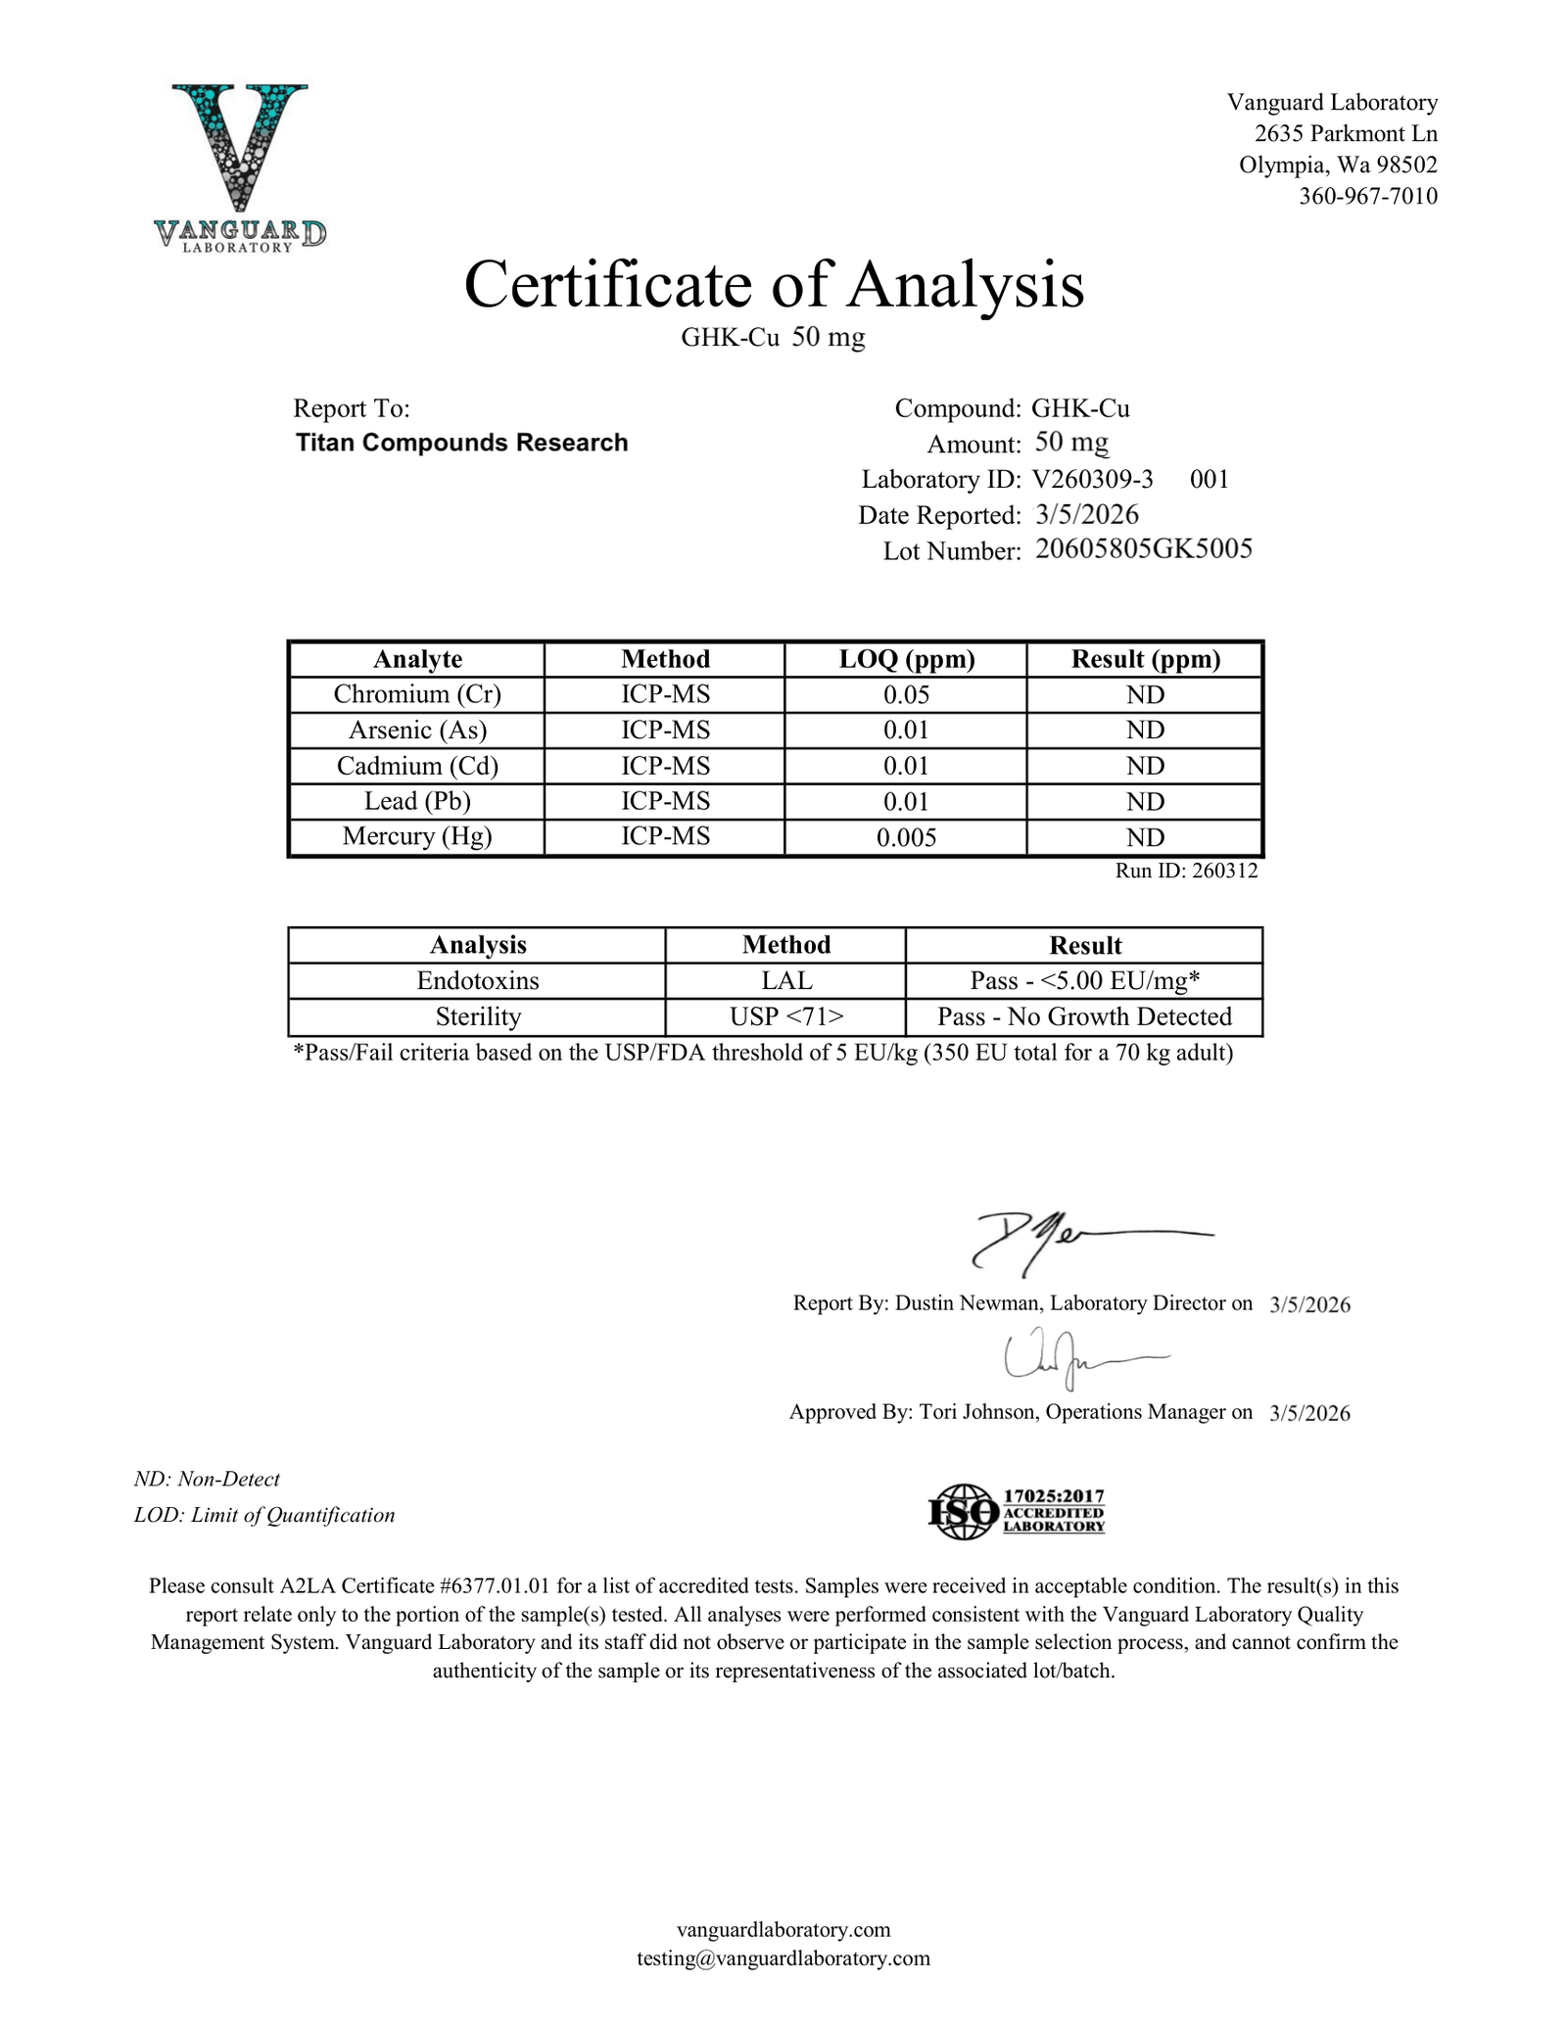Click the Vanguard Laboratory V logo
click(x=240, y=166)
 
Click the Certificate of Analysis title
click(x=774, y=285)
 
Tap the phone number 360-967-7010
click(x=1367, y=196)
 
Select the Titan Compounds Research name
click(x=461, y=443)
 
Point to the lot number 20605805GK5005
click(x=1143, y=548)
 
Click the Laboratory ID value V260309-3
click(x=1092, y=479)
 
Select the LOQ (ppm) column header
click(x=906, y=659)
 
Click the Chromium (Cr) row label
click(x=417, y=694)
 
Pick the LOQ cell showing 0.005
click(x=906, y=837)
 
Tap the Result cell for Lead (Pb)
click(x=1145, y=802)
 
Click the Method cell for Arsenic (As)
click(x=665, y=731)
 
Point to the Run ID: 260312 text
click(x=1186, y=871)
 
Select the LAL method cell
click(x=785, y=980)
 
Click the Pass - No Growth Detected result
click(x=1084, y=1016)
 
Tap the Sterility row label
click(x=478, y=1016)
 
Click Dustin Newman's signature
click(x=1077, y=1242)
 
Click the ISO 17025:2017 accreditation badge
click(x=1016, y=1511)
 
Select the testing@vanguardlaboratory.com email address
click(x=783, y=1958)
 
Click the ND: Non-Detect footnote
click(x=207, y=1479)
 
